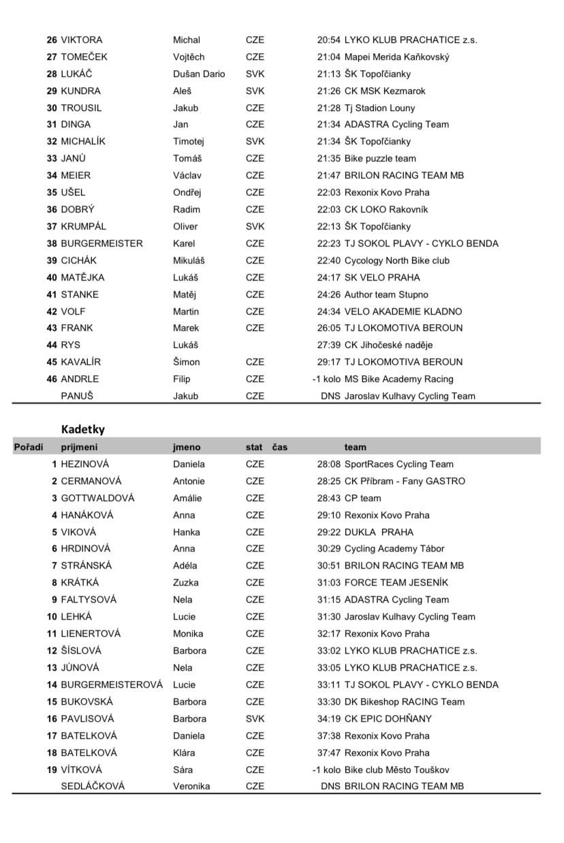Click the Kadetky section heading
(83, 429)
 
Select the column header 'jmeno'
(187, 447)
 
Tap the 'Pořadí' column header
(29, 447)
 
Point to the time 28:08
(330, 464)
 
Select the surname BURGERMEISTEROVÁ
(112, 685)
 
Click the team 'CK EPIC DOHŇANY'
(388, 718)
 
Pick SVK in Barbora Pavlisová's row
(255, 718)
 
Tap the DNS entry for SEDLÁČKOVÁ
(330, 786)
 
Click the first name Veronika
(191, 786)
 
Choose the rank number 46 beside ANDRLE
(52, 379)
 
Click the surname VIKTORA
(82, 40)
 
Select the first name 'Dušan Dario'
(199, 74)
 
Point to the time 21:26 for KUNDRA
(330, 91)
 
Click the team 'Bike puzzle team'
(380, 159)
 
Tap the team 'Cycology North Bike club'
(397, 261)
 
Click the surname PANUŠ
(77, 396)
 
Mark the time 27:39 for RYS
(330, 345)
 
